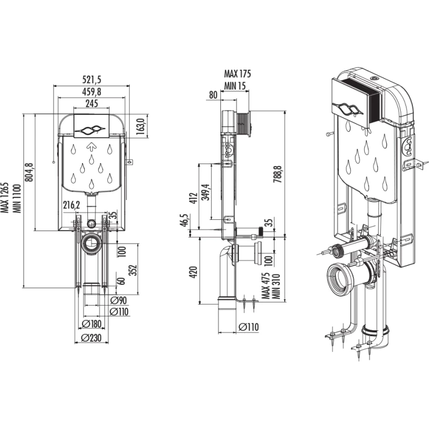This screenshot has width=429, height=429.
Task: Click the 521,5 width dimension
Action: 92,79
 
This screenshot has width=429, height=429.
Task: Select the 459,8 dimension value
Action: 92,92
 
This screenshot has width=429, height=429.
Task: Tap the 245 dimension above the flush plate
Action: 92,103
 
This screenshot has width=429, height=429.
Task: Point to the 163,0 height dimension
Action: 140,127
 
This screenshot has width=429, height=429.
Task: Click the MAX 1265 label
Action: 5,197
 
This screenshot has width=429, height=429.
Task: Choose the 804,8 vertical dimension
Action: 29,172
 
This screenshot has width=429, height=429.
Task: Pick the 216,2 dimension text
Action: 71,205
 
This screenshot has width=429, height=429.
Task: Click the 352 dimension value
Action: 133,270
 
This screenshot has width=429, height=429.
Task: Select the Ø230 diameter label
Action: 91,338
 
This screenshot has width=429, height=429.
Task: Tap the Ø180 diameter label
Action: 92,324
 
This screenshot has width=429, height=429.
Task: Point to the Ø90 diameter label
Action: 119,300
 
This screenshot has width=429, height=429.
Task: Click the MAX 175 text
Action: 238,73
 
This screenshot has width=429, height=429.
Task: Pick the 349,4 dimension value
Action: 206,192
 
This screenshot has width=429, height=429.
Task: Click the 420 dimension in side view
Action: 194,272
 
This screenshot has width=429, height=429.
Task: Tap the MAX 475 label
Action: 265,286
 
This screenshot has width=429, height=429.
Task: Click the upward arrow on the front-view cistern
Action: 92,147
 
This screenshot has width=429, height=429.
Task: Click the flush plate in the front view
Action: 92,126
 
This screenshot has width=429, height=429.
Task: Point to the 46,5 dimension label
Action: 184,220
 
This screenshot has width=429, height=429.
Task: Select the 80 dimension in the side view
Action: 213,95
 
